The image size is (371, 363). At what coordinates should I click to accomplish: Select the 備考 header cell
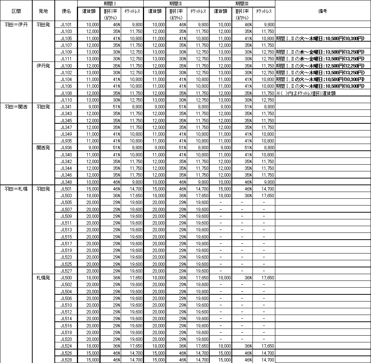323,11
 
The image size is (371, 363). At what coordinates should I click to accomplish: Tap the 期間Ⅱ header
176,3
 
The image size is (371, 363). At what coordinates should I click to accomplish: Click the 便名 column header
66,11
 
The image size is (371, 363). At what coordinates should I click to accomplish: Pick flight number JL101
66,24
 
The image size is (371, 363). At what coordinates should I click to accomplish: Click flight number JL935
66,141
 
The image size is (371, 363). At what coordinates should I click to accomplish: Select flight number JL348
66,182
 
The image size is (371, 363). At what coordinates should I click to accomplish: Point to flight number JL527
66,271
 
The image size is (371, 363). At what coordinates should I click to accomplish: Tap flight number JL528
66,360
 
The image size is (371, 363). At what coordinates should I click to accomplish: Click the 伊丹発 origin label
43,66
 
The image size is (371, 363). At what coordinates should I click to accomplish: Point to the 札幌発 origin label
43,278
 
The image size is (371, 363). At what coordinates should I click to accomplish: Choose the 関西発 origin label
43,147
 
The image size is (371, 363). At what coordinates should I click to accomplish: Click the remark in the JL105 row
320,38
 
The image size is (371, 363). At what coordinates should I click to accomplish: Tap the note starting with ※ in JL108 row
305,93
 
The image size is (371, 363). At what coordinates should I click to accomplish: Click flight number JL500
66,278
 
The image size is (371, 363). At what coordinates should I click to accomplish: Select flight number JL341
66,106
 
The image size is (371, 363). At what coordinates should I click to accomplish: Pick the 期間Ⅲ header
242,3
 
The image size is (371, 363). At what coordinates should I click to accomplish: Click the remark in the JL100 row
320,66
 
